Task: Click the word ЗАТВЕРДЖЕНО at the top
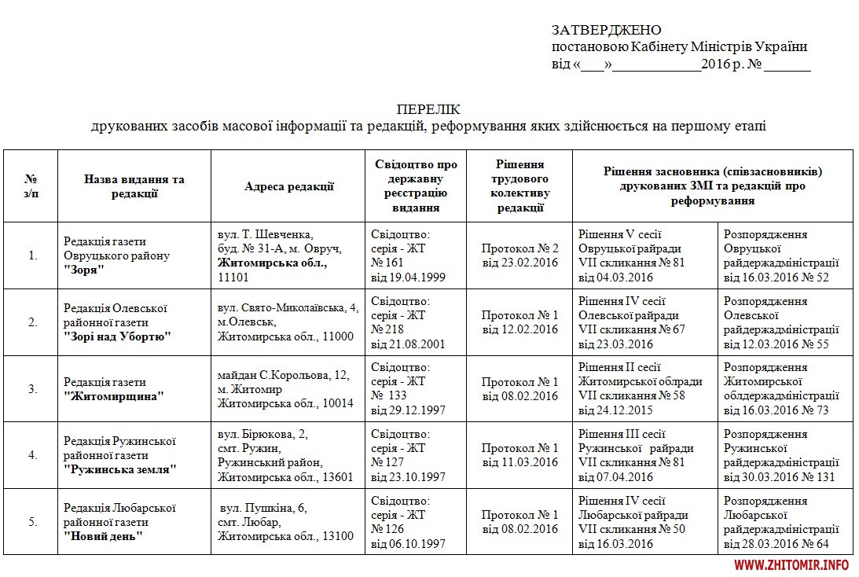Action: [x=606, y=30]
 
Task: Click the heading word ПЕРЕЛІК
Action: [x=428, y=108]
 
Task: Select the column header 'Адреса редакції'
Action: [x=289, y=186]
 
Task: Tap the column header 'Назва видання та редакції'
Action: [x=134, y=186]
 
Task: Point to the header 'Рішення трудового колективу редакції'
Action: [x=519, y=186]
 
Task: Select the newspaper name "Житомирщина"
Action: [x=114, y=396]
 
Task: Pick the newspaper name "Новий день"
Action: [x=103, y=536]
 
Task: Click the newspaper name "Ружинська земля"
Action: [x=119, y=469]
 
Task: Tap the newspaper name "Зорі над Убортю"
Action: [x=117, y=336]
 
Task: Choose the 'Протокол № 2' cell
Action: [x=519, y=248]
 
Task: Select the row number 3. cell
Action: [x=32, y=388]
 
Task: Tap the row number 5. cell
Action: [x=32, y=521]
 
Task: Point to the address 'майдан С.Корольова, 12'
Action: [x=283, y=376]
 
